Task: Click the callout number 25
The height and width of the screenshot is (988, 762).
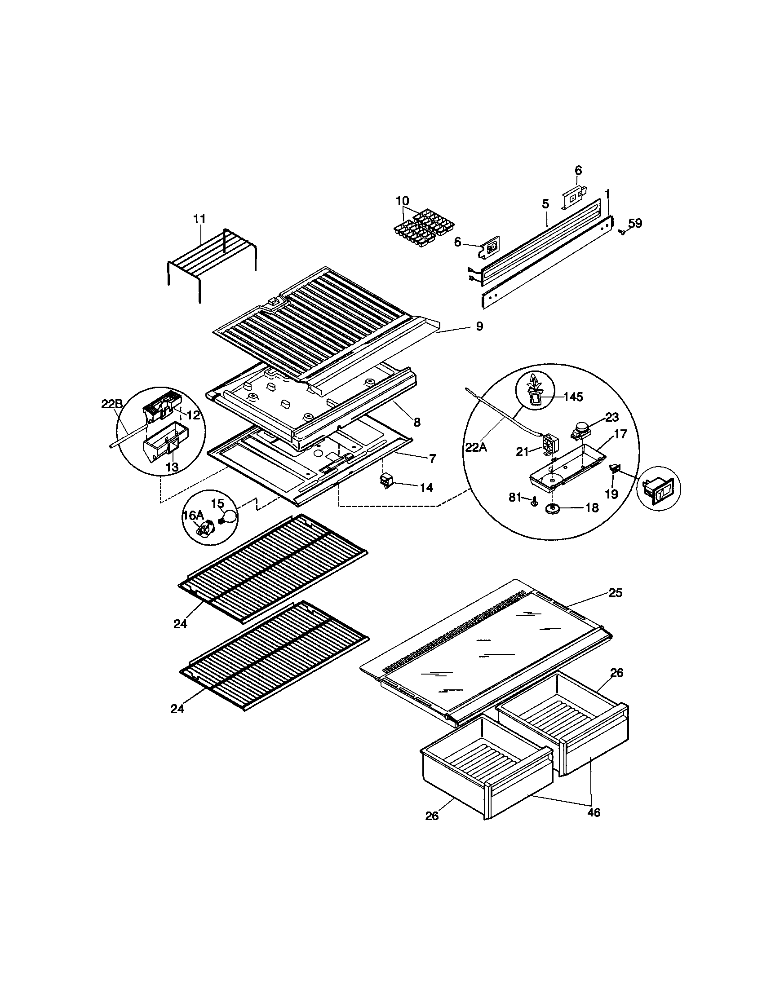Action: coord(616,593)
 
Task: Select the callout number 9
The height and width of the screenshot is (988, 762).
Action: coord(480,326)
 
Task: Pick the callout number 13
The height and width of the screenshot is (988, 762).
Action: coord(172,467)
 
